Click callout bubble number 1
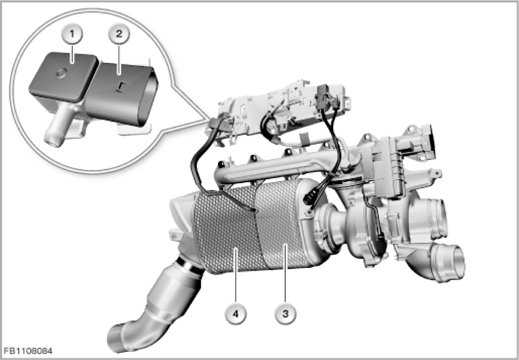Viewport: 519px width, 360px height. click(x=72, y=34)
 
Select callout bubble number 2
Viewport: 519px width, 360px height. click(x=119, y=33)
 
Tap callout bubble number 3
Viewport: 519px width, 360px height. click(x=285, y=313)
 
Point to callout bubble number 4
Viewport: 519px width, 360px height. click(x=236, y=313)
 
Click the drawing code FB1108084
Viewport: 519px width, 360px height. click(x=28, y=351)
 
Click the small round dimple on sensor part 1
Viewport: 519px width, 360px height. click(x=62, y=73)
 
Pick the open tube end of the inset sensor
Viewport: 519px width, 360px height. click(x=52, y=141)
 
